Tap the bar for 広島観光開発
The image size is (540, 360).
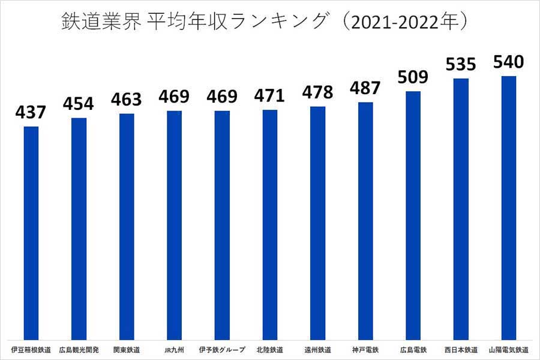pos(79,229)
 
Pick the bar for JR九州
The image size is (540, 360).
pos(174,225)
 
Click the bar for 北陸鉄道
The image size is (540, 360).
pos(270,224)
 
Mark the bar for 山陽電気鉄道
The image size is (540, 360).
pos(509,208)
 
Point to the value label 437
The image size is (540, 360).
pos(31,112)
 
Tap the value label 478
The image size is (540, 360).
pos(317,92)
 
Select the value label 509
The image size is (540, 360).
pos(413,77)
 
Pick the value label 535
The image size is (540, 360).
pos(461,64)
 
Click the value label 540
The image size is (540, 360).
pos(509,62)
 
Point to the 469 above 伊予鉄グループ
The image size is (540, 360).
pos(222,97)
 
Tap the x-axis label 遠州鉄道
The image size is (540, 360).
pos(317,349)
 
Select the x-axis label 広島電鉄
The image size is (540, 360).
pos(413,349)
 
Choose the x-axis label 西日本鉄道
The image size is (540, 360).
pos(461,349)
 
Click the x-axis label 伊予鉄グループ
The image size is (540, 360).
pos(222,349)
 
